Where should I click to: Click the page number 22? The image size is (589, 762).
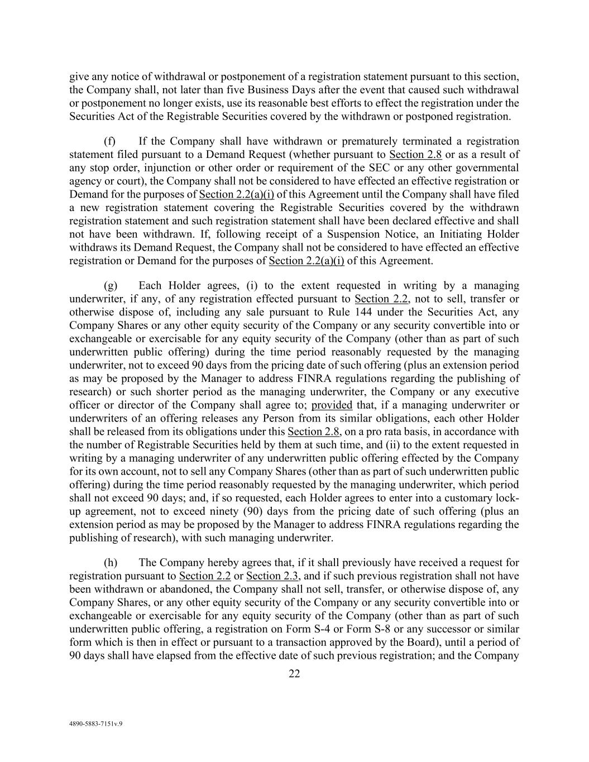pos(294,674)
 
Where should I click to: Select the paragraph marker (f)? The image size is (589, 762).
pos(109,141)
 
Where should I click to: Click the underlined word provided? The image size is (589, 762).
pos(332,405)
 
